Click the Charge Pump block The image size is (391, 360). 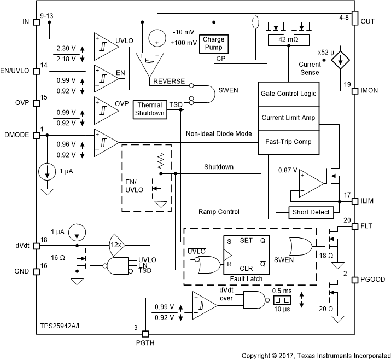(x=213, y=43)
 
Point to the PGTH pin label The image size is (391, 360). (x=145, y=344)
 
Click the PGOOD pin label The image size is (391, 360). (x=374, y=279)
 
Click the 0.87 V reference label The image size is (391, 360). (x=287, y=171)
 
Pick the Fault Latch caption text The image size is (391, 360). (x=247, y=278)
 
